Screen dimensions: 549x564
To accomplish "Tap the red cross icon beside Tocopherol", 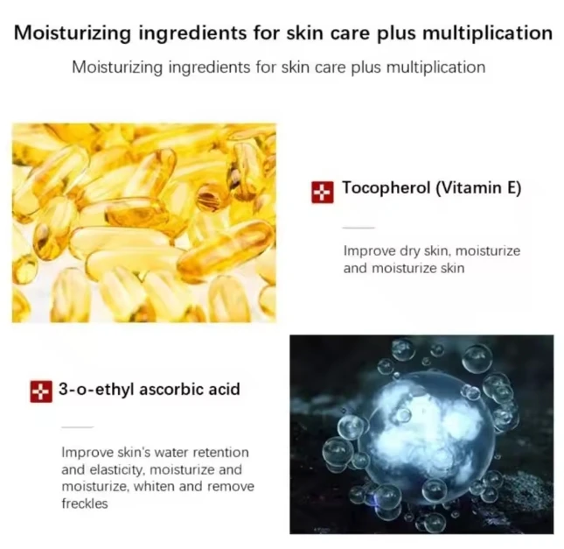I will [x=323, y=190].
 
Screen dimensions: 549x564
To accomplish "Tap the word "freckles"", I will [x=84, y=504].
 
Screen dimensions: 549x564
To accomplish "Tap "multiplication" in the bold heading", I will [x=484, y=33].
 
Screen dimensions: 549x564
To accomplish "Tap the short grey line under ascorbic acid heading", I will [x=77, y=426].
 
